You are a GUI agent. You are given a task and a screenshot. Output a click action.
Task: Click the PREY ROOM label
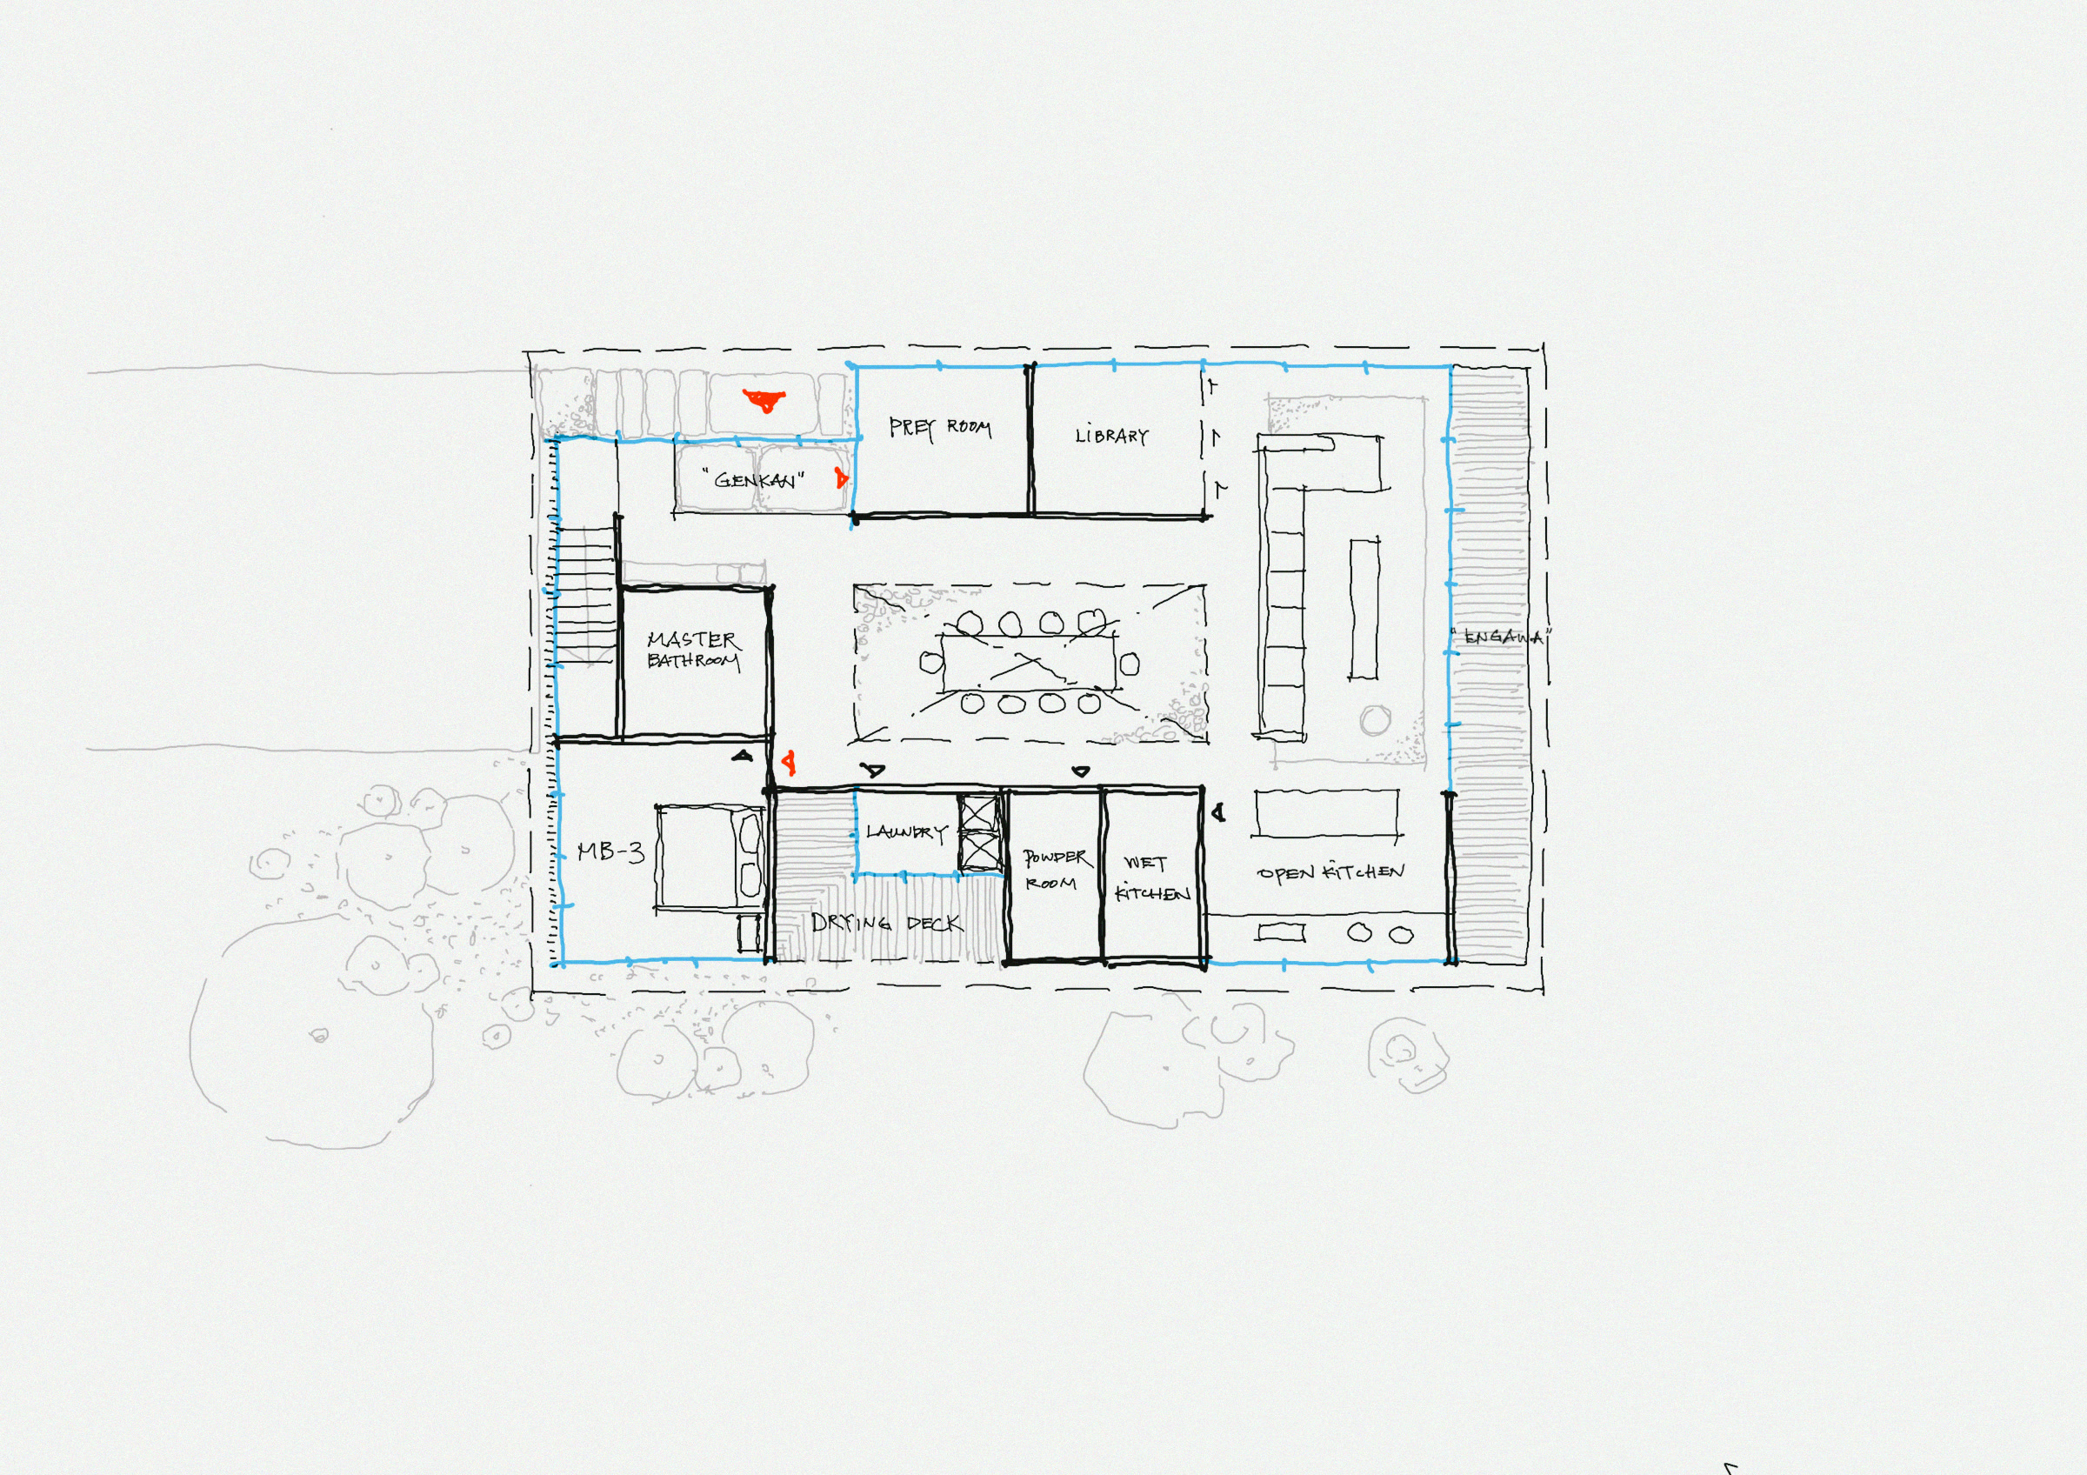pos(939,427)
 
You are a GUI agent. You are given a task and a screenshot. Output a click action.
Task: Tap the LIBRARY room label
pos(1110,437)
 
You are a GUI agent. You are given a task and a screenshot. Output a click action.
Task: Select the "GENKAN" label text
pos(754,479)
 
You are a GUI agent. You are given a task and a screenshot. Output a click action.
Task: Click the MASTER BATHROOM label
pos(693,650)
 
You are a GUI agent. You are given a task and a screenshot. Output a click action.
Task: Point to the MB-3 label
pos(610,852)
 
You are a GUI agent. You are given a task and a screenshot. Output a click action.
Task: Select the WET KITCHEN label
pos(1150,878)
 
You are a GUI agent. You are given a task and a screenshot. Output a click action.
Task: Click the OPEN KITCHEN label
pos(1330,872)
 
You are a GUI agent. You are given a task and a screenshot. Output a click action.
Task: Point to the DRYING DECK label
pos(885,924)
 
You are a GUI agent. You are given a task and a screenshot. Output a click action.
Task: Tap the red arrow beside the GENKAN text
pos(841,477)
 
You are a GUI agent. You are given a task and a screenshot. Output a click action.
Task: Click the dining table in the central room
pos(1029,664)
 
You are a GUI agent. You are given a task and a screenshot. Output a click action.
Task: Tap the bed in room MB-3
pos(709,854)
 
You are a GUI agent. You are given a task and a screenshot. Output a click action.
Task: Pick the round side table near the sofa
pos(1374,721)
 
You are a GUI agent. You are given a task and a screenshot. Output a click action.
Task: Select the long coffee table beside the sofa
pos(1363,608)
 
